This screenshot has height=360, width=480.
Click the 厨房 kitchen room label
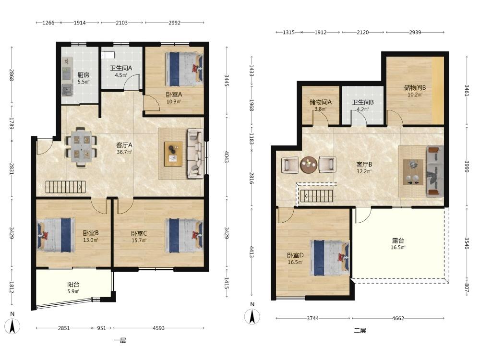pyautogui.click(x=83, y=75)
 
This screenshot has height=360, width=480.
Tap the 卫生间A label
pyautogui.click(x=121, y=68)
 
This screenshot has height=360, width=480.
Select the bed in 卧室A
pyautogui.click(x=184, y=69)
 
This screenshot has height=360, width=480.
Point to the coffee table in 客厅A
pyautogui.click(x=173, y=154)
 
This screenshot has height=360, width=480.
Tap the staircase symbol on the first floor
pyautogui.click(x=64, y=187)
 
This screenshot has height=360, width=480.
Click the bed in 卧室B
pyautogui.click(x=56, y=235)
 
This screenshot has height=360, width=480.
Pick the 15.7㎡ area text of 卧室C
pyautogui.click(x=139, y=240)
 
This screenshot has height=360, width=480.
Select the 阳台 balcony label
pyautogui.click(x=73, y=284)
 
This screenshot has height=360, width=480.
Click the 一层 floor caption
pyautogui.click(x=120, y=340)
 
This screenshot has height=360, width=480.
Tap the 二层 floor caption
pyautogui.click(x=360, y=331)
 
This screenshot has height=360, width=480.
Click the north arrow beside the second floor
pyautogui.click(x=252, y=316)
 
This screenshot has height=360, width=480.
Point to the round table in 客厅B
pyautogui.click(x=309, y=165)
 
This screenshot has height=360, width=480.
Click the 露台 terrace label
pyautogui.click(x=397, y=240)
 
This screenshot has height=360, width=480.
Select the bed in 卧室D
pyautogui.click(x=330, y=258)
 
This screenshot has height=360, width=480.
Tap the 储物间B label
pyautogui.click(x=415, y=88)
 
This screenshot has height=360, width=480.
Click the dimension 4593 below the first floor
pyautogui.click(x=158, y=328)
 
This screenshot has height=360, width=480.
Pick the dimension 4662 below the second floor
pyautogui.click(x=398, y=318)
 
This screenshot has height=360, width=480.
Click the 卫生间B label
pyautogui.click(x=363, y=102)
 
